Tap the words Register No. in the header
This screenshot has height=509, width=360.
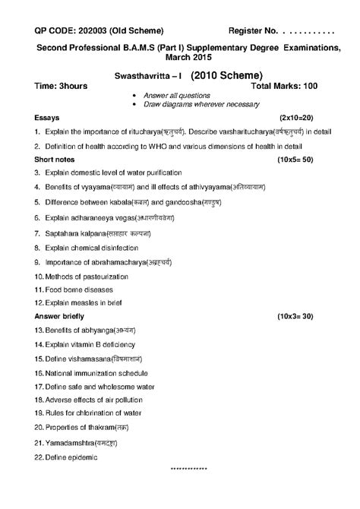(x=254, y=30)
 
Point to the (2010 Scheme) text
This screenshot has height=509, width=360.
(x=226, y=75)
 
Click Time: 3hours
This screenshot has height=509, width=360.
(x=62, y=87)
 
